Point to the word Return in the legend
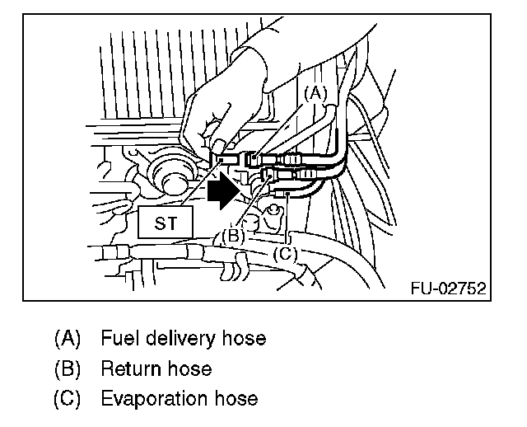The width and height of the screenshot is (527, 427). (128, 368)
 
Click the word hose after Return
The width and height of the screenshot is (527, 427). (189, 368)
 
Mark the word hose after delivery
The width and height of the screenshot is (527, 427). (245, 338)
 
